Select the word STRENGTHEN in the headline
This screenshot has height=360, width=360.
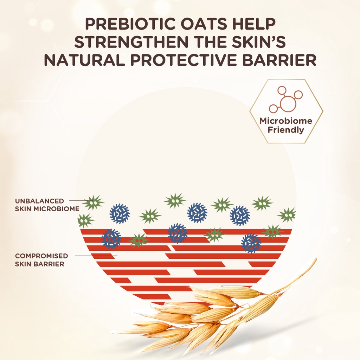(x=131, y=42)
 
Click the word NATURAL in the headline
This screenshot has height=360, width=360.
(x=84, y=60)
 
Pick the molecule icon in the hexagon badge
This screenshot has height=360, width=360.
(x=286, y=99)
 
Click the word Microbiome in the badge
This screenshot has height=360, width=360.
(x=286, y=121)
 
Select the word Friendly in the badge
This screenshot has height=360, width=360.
(x=286, y=130)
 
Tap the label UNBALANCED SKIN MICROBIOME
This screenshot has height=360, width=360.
(x=47, y=205)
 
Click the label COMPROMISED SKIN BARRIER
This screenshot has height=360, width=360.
(x=41, y=260)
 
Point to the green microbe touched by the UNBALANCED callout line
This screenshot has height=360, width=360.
(x=93, y=202)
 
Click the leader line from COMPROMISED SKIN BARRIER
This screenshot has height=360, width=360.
(x=96, y=256)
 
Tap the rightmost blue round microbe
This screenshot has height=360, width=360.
(x=251, y=243)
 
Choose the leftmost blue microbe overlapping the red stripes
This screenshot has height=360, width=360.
(x=111, y=239)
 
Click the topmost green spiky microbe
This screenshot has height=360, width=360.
(x=175, y=201)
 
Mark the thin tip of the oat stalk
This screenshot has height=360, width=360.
(x=316, y=258)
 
